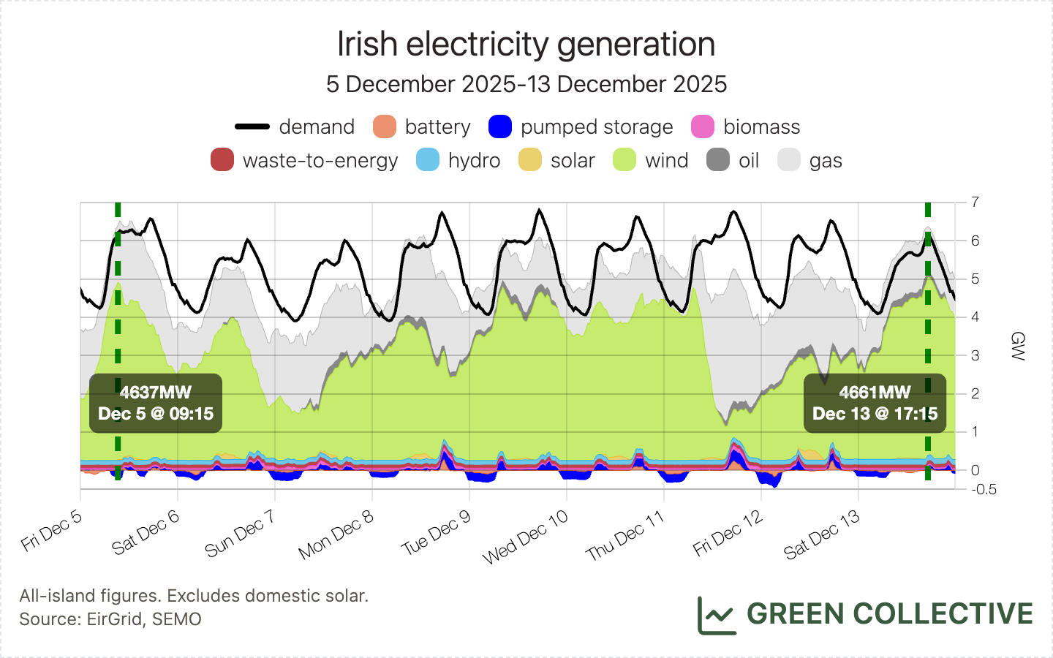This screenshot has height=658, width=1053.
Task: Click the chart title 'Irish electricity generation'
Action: pyautogui.click(x=526, y=45)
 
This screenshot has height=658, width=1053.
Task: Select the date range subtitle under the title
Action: pyautogui.click(x=526, y=84)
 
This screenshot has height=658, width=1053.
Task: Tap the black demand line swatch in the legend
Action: pyautogui.click(x=252, y=126)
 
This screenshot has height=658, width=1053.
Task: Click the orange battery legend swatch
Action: pyautogui.click(x=385, y=126)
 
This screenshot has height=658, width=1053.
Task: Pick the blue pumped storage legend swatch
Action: pyautogui.click(x=500, y=126)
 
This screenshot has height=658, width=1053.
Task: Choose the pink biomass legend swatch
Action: pyautogui.click(x=703, y=126)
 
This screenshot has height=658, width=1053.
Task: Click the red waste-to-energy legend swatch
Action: pyautogui.click(x=222, y=160)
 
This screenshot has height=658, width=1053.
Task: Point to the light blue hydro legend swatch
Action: pyautogui.click(x=428, y=160)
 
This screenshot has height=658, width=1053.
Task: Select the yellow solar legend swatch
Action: pyautogui.click(x=530, y=160)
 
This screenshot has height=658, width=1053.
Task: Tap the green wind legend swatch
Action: pyautogui.click(x=624, y=160)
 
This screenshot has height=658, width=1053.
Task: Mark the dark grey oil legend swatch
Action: pyautogui.click(x=718, y=160)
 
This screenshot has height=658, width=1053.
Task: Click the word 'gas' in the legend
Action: pyautogui.click(x=826, y=161)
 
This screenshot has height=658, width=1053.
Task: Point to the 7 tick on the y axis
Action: pyautogui.click(x=975, y=202)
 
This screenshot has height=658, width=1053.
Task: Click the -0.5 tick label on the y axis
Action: pyautogui.click(x=984, y=490)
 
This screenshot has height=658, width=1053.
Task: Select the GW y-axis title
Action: pyautogui.click(x=1017, y=346)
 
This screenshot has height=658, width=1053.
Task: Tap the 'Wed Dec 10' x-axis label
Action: pyautogui.click(x=525, y=537)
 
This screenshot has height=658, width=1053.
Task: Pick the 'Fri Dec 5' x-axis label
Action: pyautogui.click(x=52, y=531)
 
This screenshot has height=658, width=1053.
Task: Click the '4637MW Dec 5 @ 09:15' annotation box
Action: pyautogui.click(x=156, y=404)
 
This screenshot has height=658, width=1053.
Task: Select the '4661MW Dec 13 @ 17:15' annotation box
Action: pyautogui.click(x=875, y=404)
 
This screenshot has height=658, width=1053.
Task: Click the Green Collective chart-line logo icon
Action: pyautogui.click(x=717, y=615)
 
